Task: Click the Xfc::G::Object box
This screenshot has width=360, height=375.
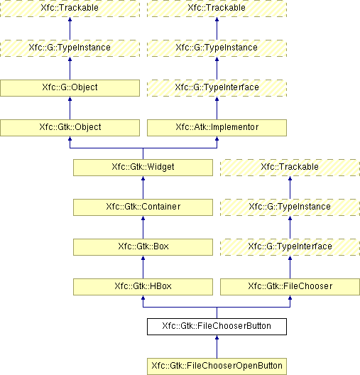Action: click(70, 88)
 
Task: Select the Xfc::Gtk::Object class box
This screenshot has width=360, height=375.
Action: click(70, 128)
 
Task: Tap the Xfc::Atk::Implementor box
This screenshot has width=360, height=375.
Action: click(217, 128)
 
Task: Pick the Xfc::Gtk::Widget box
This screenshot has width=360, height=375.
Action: click(143, 168)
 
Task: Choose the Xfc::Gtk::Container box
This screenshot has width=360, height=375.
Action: click(143, 207)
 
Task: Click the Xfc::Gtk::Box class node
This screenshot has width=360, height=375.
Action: click(143, 247)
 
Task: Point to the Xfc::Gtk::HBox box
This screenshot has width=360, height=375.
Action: click(143, 287)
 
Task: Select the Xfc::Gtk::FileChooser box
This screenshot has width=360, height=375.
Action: click(290, 287)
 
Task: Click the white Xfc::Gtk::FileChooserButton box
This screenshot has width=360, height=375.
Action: click(217, 327)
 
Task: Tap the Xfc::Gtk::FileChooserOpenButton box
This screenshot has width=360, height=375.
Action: click(217, 366)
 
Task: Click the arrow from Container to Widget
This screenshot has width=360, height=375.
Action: click(143, 187)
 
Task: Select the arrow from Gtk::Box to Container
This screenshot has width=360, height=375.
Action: click(143, 227)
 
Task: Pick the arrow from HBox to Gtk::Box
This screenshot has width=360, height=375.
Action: click(143, 267)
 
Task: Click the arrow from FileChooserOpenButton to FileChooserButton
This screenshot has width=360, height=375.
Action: click(217, 347)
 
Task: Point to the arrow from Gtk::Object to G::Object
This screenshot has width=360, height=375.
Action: click(70, 108)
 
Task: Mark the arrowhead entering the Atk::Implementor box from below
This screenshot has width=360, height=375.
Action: click(217, 138)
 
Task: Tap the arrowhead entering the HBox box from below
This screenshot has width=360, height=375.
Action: click(143, 298)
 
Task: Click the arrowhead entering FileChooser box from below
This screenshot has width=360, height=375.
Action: click(290, 298)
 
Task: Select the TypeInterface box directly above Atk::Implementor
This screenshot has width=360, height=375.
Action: click(217, 88)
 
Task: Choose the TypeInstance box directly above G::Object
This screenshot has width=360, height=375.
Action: click(70, 48)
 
